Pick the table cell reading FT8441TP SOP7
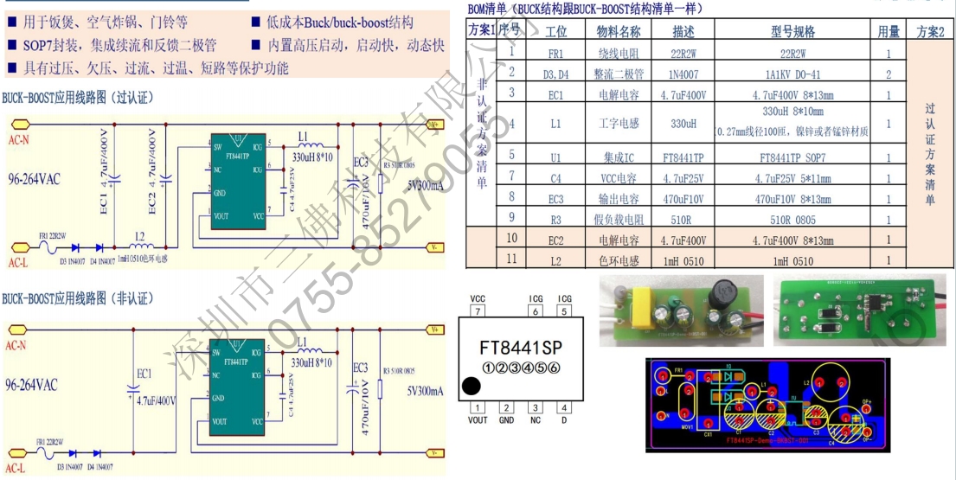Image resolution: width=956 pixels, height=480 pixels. pos(792,158)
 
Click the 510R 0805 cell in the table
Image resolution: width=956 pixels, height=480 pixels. pos(792,220)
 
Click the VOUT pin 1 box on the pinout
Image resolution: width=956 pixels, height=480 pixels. pos(477,407)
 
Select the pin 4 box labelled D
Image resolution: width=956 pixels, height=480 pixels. pos(564,407)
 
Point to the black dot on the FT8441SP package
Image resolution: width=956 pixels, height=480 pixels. pos(471,386)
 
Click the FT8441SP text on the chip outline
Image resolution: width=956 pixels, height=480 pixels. pos(521,348)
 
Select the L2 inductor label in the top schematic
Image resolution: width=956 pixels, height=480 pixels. pos(138,235)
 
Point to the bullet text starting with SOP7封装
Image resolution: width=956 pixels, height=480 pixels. pos(118,45)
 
